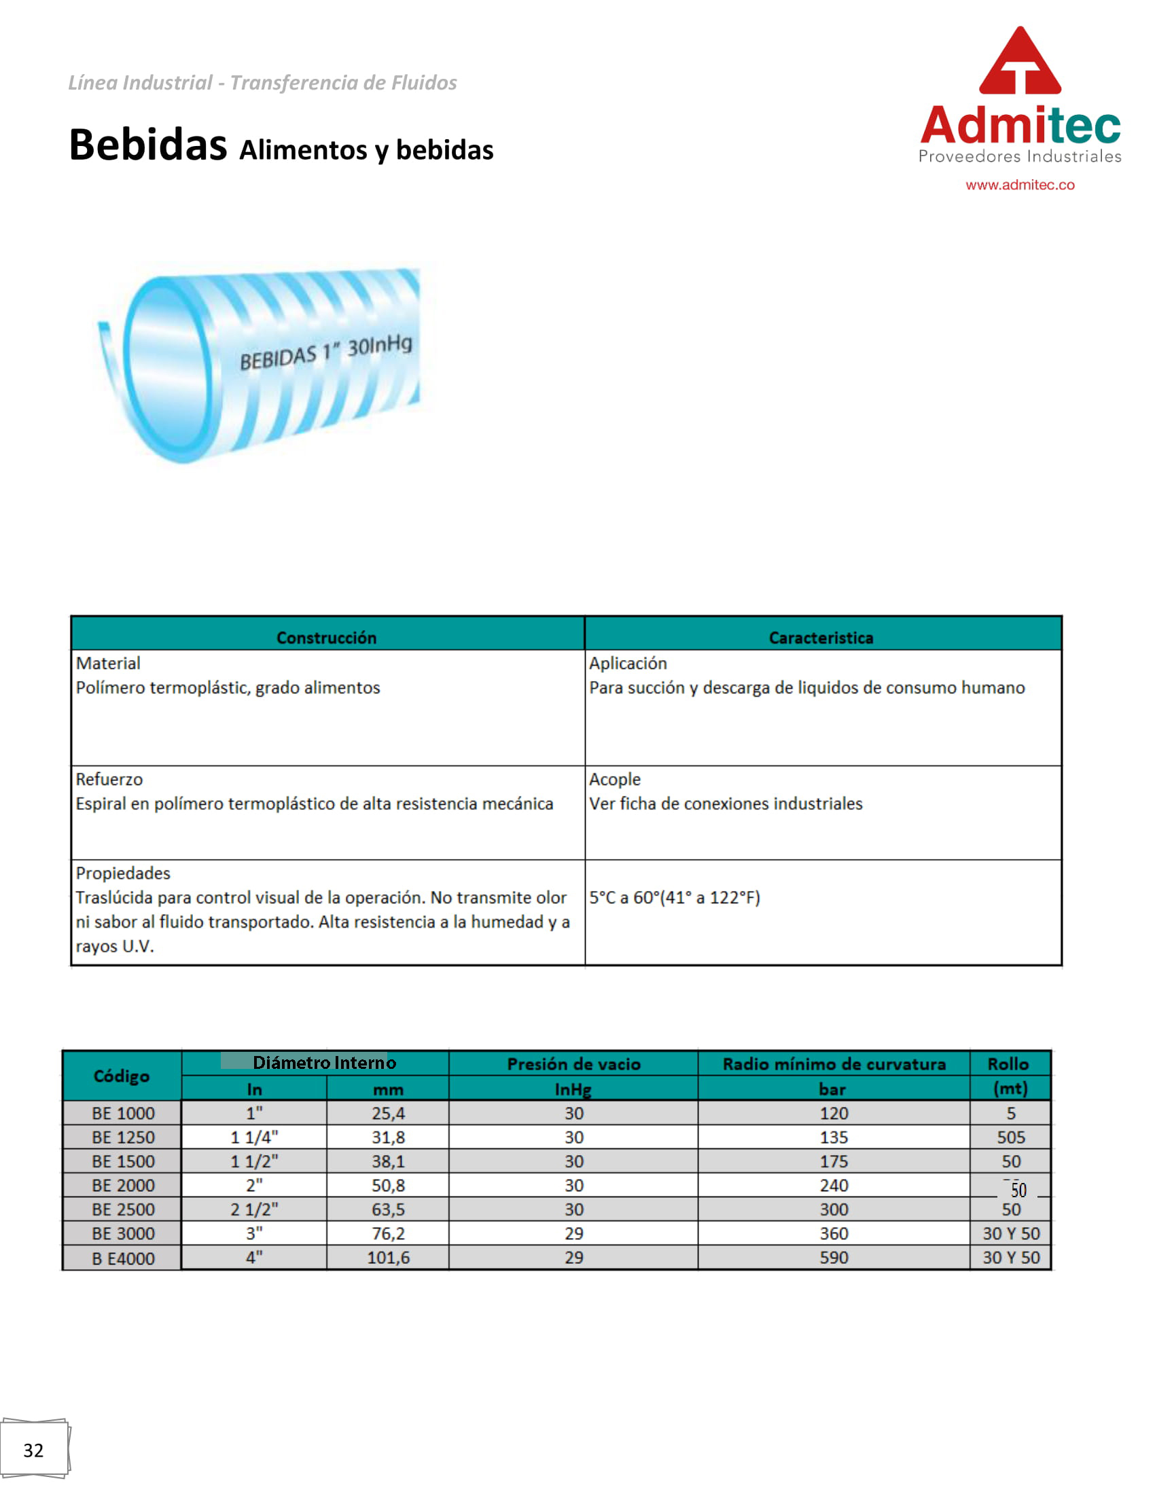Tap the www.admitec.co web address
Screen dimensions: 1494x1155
[x=1020, y=185]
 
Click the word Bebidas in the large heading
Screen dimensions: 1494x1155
[x=148, y=145]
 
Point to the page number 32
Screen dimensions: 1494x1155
[x=33, y=1451]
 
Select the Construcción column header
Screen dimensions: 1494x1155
[x=326, y=638]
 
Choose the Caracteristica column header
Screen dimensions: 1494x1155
[x=821, y=638]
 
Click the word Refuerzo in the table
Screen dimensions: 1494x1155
[x=109, y=779]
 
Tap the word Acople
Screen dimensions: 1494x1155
[x=614, y=779]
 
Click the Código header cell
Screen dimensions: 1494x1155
[x=121, y=1076]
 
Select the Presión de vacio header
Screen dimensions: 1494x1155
[x=573, y=1063]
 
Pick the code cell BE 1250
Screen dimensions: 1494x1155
[x=123, y=1137]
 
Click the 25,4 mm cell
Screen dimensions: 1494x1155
[x=388, y=1113]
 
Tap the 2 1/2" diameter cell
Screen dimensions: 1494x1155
[x=254, y=1209]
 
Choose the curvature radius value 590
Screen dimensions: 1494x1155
[x=834, y=1257]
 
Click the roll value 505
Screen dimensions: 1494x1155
[x=1011, y=1137]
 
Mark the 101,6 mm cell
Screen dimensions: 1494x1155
[x=388, y=1257]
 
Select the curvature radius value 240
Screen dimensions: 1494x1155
[x=834, y=1186]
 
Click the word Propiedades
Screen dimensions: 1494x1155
[x=123, y=873]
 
